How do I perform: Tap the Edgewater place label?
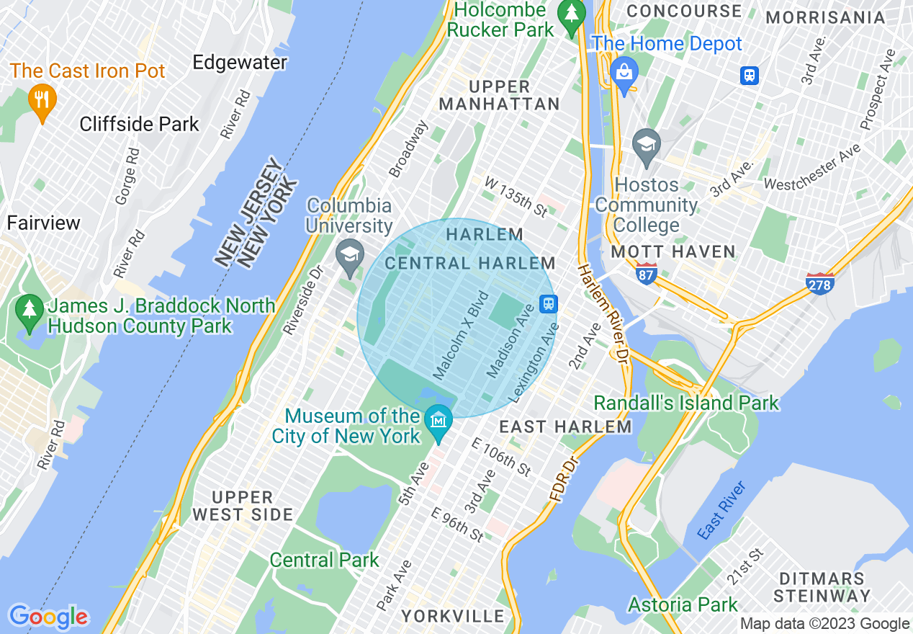point(240,63)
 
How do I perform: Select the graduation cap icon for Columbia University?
point(350,256)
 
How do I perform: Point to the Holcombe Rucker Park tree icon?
point(572,14)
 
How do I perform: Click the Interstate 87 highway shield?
point(646,274)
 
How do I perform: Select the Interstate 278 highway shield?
point(820,284)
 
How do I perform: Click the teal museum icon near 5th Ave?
point(438,418)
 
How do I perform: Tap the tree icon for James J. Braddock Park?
point(30,311)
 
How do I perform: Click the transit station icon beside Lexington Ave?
point(549,303)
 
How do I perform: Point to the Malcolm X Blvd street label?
point(461,335)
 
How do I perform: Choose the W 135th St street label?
point(516,196)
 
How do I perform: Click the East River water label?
point(721,511)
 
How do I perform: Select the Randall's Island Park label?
point(686,403)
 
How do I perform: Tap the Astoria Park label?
point(683,604)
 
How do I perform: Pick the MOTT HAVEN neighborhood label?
point(673,252)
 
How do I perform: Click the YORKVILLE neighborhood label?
point(453,616)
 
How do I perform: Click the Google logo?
point(48,617)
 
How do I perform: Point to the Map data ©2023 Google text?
point(824,624)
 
